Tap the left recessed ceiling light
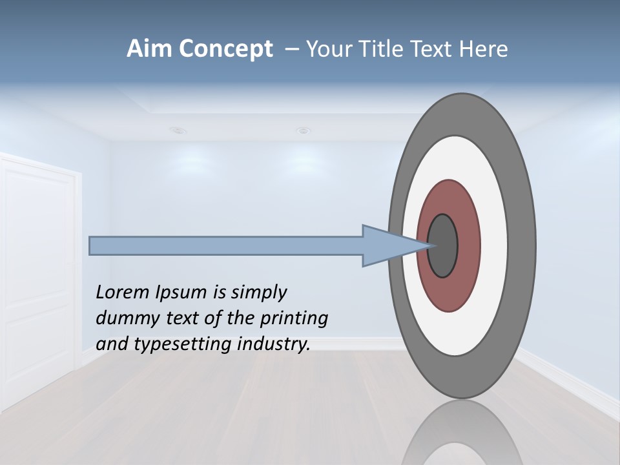point(178,130)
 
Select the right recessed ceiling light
point(303,131)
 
